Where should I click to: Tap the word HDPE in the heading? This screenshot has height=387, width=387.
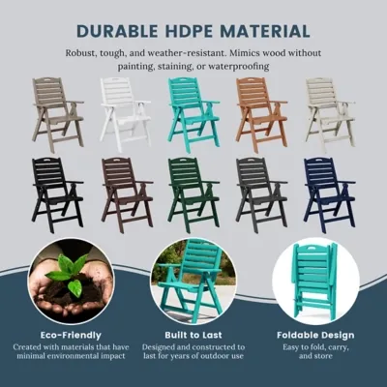coord(192,31)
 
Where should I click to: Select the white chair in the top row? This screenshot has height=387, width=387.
coord(125,114)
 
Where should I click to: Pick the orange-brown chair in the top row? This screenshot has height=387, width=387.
coord(261,114)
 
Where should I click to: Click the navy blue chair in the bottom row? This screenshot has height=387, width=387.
coord(329,194)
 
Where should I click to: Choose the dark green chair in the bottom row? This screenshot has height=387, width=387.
coord(193,194)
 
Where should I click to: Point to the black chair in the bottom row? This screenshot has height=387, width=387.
coord(58,194)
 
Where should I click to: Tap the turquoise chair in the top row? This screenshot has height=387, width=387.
coord(193,114)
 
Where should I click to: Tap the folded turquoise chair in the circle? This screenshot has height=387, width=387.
coord(314,280)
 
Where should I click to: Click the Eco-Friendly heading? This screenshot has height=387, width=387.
coord(71,335)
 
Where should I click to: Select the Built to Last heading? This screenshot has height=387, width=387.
coord(193,335)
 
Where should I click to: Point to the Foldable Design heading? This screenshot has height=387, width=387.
coord(315,335)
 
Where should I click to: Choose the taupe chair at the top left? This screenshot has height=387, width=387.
coord(58,114)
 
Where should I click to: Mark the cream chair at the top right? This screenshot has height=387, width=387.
coord(330,114)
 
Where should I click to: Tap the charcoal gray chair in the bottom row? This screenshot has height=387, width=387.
coord(262,194)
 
